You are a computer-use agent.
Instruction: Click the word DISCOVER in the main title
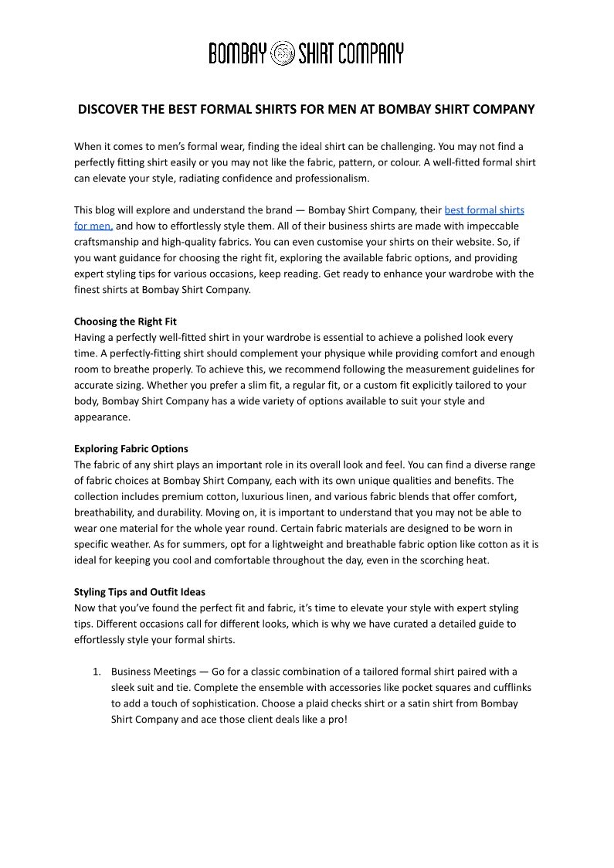point(108,110)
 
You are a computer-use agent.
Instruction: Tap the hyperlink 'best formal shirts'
point(484,210)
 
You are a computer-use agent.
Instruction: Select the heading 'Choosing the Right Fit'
point(125,322)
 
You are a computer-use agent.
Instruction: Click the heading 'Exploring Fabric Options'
point(131,449)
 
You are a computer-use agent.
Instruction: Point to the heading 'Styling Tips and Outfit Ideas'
point(140,592)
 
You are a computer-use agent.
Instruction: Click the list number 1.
point(97,672)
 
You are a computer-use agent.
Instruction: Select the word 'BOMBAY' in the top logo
point(237,53)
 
